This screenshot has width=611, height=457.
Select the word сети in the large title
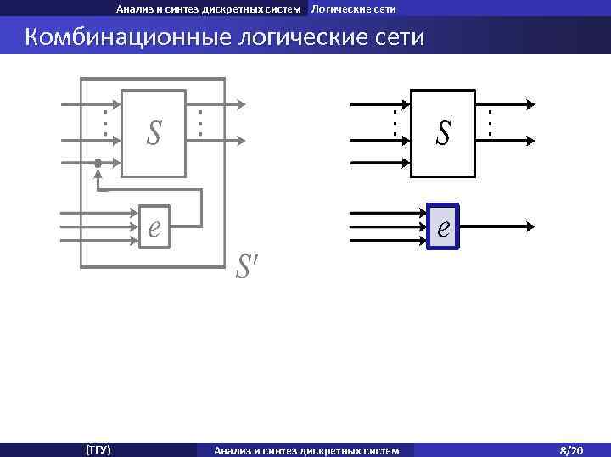click(x=394, y=38)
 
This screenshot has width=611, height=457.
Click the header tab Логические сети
click(x=353, y=9)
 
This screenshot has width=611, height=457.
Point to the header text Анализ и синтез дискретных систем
click(x=209, y=9)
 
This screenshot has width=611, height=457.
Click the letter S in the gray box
click(x=154, y=132)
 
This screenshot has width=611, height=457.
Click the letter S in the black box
click(x=443, y=132)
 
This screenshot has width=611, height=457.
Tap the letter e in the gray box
click(x=154, y=226)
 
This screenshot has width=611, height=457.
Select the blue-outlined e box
click(x=443, y=226)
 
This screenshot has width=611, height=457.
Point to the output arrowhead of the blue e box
click(x=530, y=226)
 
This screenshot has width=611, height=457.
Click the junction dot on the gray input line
click(x=98, y=162)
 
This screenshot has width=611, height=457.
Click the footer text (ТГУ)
click(x=98, y=449)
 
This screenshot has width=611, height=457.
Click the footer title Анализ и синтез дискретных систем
click(x=306, y=449)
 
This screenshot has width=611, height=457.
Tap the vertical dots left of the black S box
click(x=395, y=122)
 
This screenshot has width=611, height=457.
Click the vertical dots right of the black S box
click(x=490, y=122)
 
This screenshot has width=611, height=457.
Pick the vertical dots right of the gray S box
click(x=200, y=122)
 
